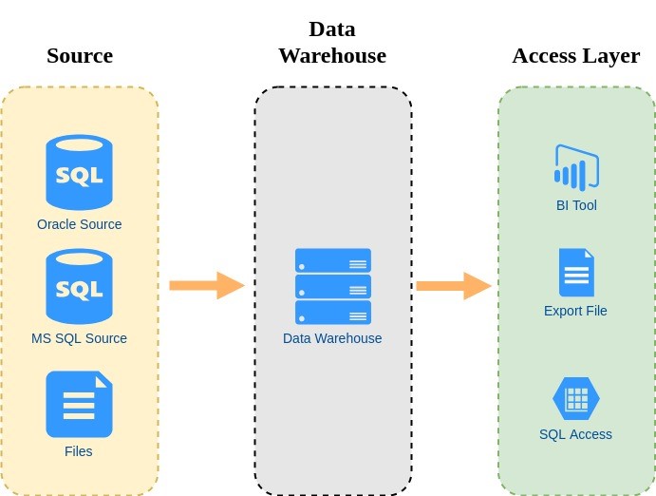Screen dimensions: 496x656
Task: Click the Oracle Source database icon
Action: pyautogui.click(x=79, y=172)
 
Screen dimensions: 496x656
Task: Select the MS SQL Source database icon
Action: pyautogui.click(x=79, y=286)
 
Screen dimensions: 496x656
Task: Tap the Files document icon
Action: pyautogui.click(x=79, y=404)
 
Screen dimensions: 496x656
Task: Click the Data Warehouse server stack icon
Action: pyautogui.click(x=332, y=287)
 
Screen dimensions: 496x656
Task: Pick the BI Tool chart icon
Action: pyautogui.click(x=576, y=168)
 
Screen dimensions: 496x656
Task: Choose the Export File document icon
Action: pyautogui.click(x=576, y=273)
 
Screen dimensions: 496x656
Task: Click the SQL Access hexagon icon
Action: pyautogui.click(x=576, y=399)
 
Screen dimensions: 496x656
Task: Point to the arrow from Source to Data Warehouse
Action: pyautogui.click(x=206, y=285)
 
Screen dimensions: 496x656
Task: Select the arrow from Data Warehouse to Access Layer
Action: pyautogui.click(x=453, y=285)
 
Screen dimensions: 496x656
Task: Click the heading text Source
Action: pyautogui.click(x=80, y=55)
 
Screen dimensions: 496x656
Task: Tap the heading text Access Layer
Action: pyautogui.click(x=575, y=55)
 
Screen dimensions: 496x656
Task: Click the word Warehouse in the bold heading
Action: pyautogui.click(x=332, y=55)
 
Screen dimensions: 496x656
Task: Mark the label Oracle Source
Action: pyautogui.click(x=80, y=225)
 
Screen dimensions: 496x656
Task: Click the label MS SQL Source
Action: pyautogui.click(x=79, y=338)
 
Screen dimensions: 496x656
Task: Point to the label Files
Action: pyautogui.click(x=79, y=451)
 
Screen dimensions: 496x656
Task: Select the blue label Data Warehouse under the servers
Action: pyautogui.click(x=332, y=338)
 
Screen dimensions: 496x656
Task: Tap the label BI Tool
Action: pyautogui.click(x=576, y=205)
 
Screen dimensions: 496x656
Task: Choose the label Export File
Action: pyautogui.click(x=575, y=311)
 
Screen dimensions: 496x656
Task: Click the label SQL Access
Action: pyautogui.click(x=575, y=434)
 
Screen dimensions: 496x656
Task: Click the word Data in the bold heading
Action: pyautogui.click(x=332, y=29)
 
